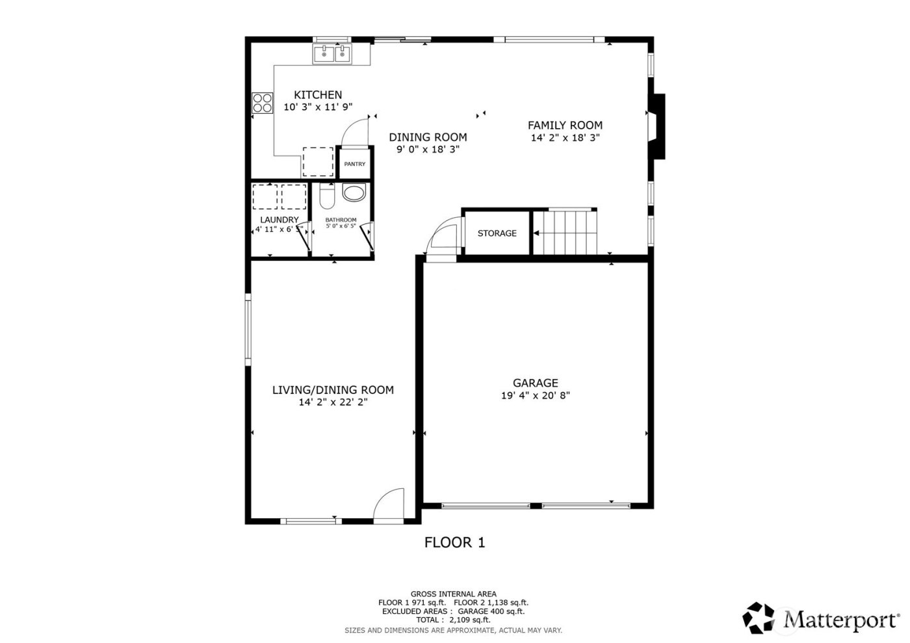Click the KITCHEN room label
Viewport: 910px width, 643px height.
(318, 95)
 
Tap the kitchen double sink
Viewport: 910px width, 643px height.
(332, 55)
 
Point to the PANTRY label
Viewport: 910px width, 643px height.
(355, 164)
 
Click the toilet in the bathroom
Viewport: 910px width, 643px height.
(327, 194)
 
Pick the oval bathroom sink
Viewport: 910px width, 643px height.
(354, 193)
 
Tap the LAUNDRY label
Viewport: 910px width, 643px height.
(279, 220)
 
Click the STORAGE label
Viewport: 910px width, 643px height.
(497, 233)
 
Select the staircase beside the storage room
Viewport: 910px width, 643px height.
(565, 232)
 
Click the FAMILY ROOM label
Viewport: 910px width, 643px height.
(565, 125)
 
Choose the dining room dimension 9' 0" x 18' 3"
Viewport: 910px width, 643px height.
(428, 150)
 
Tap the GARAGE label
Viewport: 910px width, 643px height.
(536, 383)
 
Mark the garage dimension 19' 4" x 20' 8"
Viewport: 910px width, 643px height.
(536, 395)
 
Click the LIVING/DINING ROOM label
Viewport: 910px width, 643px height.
(333, 390)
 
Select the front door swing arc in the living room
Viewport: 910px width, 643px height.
(388, 503)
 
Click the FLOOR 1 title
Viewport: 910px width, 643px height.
(454, 542)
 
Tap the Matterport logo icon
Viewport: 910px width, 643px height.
(759, 618)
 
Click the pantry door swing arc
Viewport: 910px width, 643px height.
(355, 133)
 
